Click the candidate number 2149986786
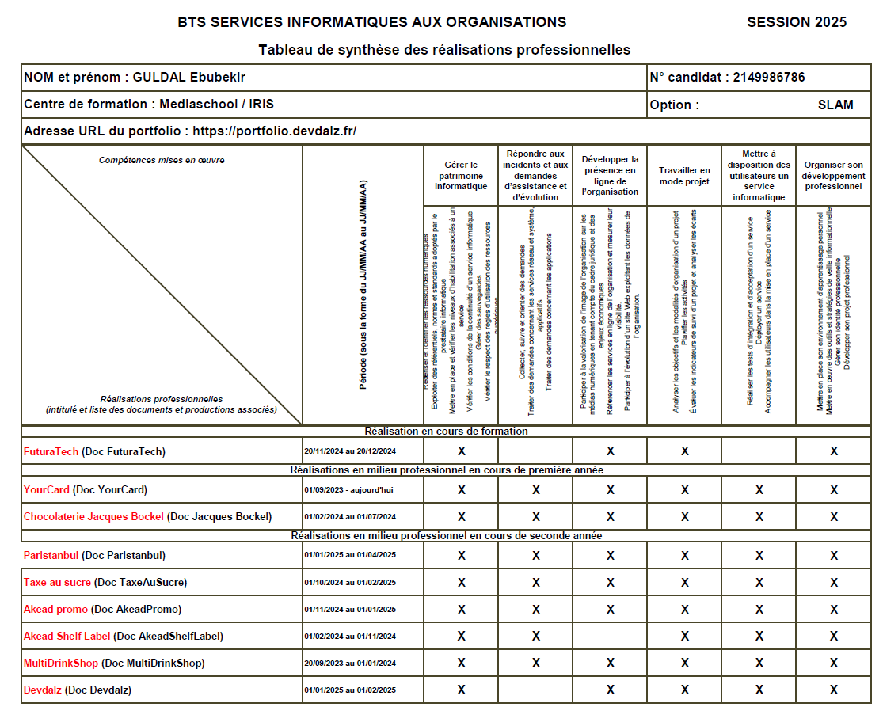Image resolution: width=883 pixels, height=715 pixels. [x=769, y=78]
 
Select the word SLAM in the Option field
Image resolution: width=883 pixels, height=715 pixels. [x=835, y=105]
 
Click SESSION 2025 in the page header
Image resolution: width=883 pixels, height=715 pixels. [x=797, y=22]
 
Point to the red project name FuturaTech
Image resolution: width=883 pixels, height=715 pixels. [x=51, y=451]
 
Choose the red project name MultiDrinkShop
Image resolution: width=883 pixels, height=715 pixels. [x=62, y=663]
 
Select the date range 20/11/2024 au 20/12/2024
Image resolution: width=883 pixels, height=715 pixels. [x=349, y=451]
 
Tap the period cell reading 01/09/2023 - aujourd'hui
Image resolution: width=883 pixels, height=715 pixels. [x=348, y=490]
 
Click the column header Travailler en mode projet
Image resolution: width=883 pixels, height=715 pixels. [x=684, y=176]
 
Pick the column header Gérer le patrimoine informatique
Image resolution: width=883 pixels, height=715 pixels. [x=461, y=176]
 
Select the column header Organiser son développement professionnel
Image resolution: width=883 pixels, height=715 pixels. [x=833, y=176]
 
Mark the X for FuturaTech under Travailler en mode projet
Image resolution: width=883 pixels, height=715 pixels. [x=685, y=451]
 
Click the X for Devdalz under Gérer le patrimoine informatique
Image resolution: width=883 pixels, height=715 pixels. [x=461, y=690]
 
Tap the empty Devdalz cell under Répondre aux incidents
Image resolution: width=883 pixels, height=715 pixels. [x=535, y=690]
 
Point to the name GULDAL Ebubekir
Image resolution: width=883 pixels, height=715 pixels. [x=188, y=78]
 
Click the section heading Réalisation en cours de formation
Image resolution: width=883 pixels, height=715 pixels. [x=446, y=432]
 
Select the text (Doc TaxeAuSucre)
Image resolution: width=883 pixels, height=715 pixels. [x=140, y=582]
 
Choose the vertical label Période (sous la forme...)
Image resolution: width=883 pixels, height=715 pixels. [x=363, y=284]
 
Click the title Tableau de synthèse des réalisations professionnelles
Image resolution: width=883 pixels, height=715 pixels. [x=444, y=50]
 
